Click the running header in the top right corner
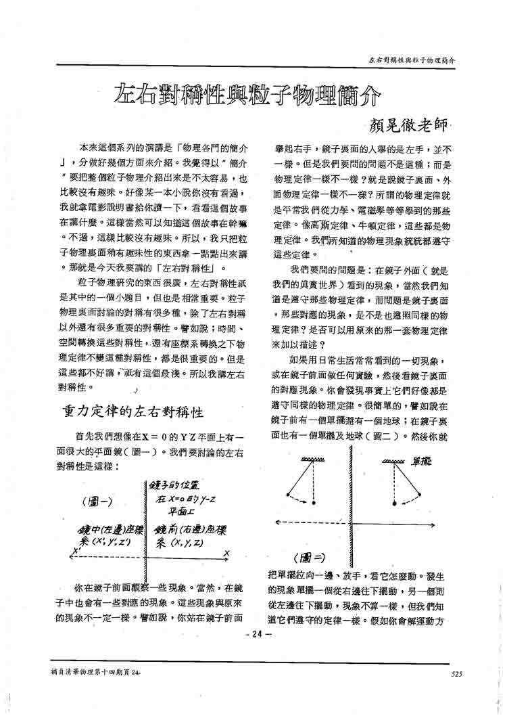pyautogui.click(x=410, y=60)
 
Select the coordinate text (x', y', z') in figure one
pyautogui.click(x=107, y=542)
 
